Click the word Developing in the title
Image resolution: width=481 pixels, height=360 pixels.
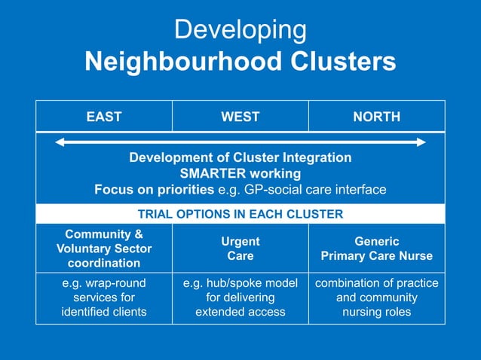[x=240, y=31]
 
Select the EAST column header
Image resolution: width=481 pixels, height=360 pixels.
[x=104, y=117]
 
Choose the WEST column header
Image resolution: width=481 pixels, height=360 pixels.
[x=240, y=117]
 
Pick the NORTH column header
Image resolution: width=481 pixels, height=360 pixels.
[x=377, y=117]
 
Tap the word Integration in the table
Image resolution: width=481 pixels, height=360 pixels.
[x=313, y=157]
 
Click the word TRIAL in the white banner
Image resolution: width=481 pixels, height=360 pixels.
[x=156, y=214]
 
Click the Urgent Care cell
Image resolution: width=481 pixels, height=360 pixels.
[x=240, y=249]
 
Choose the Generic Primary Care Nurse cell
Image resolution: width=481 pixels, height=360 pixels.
[x=377, y=249]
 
